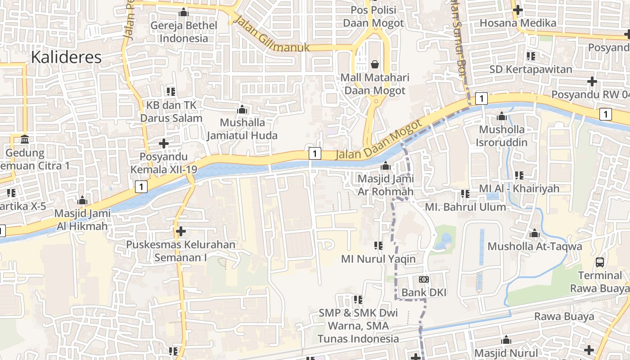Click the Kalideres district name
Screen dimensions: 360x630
(66, 58)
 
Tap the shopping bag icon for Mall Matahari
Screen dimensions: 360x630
(374, 65)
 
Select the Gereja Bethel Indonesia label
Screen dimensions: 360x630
(184, 31)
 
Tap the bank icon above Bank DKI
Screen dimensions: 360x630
(423, 279)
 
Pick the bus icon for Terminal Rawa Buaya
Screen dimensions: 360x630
(600, 262)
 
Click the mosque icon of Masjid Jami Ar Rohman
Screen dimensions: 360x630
(386, 166)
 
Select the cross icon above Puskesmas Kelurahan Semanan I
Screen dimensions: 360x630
(181, 231)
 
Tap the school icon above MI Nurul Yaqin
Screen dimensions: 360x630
(378, 246)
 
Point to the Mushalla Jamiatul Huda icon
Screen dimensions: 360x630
(242, 109)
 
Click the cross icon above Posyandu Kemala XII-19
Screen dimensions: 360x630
(164, 144)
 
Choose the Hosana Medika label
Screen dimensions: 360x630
(518, 22)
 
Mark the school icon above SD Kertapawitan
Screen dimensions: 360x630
(531, 56)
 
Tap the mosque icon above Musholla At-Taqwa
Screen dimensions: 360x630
(535, 234)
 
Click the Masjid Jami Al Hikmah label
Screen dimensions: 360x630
(82, 219)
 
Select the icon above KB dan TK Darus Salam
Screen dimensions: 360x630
(171, 92)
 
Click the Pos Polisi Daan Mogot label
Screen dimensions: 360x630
(373, 16)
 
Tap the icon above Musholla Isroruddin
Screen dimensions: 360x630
(502, 117)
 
